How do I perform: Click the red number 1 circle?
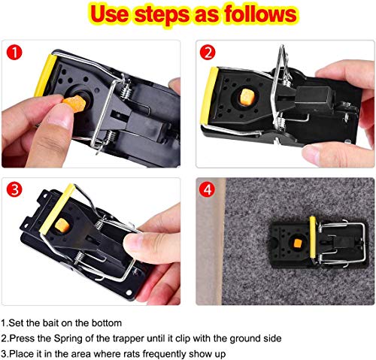pos(14,53)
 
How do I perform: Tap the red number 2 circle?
pos(208,53)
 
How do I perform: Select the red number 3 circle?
pos(14,189)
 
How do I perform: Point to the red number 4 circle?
pos(207,189)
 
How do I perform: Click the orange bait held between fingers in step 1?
pos(74,104)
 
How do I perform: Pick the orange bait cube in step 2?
pos(247,96)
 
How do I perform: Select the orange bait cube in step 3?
pos(62,225)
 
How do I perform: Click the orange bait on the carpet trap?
pos(297,243)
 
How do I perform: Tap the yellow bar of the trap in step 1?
pos(45,75)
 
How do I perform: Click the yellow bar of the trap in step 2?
pos(208,95)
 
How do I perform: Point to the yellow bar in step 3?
pos(57,208)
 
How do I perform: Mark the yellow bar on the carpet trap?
pos(313,237)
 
